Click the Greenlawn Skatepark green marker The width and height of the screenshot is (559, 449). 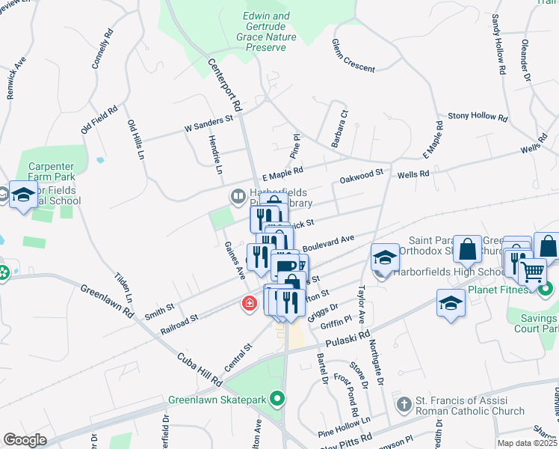tap(278, 399)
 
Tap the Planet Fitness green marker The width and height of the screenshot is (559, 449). tap(545, 288)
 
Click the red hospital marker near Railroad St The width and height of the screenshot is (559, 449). tap(248, 304)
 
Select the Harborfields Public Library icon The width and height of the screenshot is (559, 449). tap(238, 197)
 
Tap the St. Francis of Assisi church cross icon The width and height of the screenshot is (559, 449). tap(404, 405)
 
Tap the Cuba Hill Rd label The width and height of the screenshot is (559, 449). tap(200, 369)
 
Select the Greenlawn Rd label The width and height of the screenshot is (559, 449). tap(107, 302)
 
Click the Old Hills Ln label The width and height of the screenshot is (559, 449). tap(135, 140)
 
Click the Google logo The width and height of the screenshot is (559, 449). tap(25, 440)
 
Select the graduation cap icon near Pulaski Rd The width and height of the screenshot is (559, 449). tap(451, 304)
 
